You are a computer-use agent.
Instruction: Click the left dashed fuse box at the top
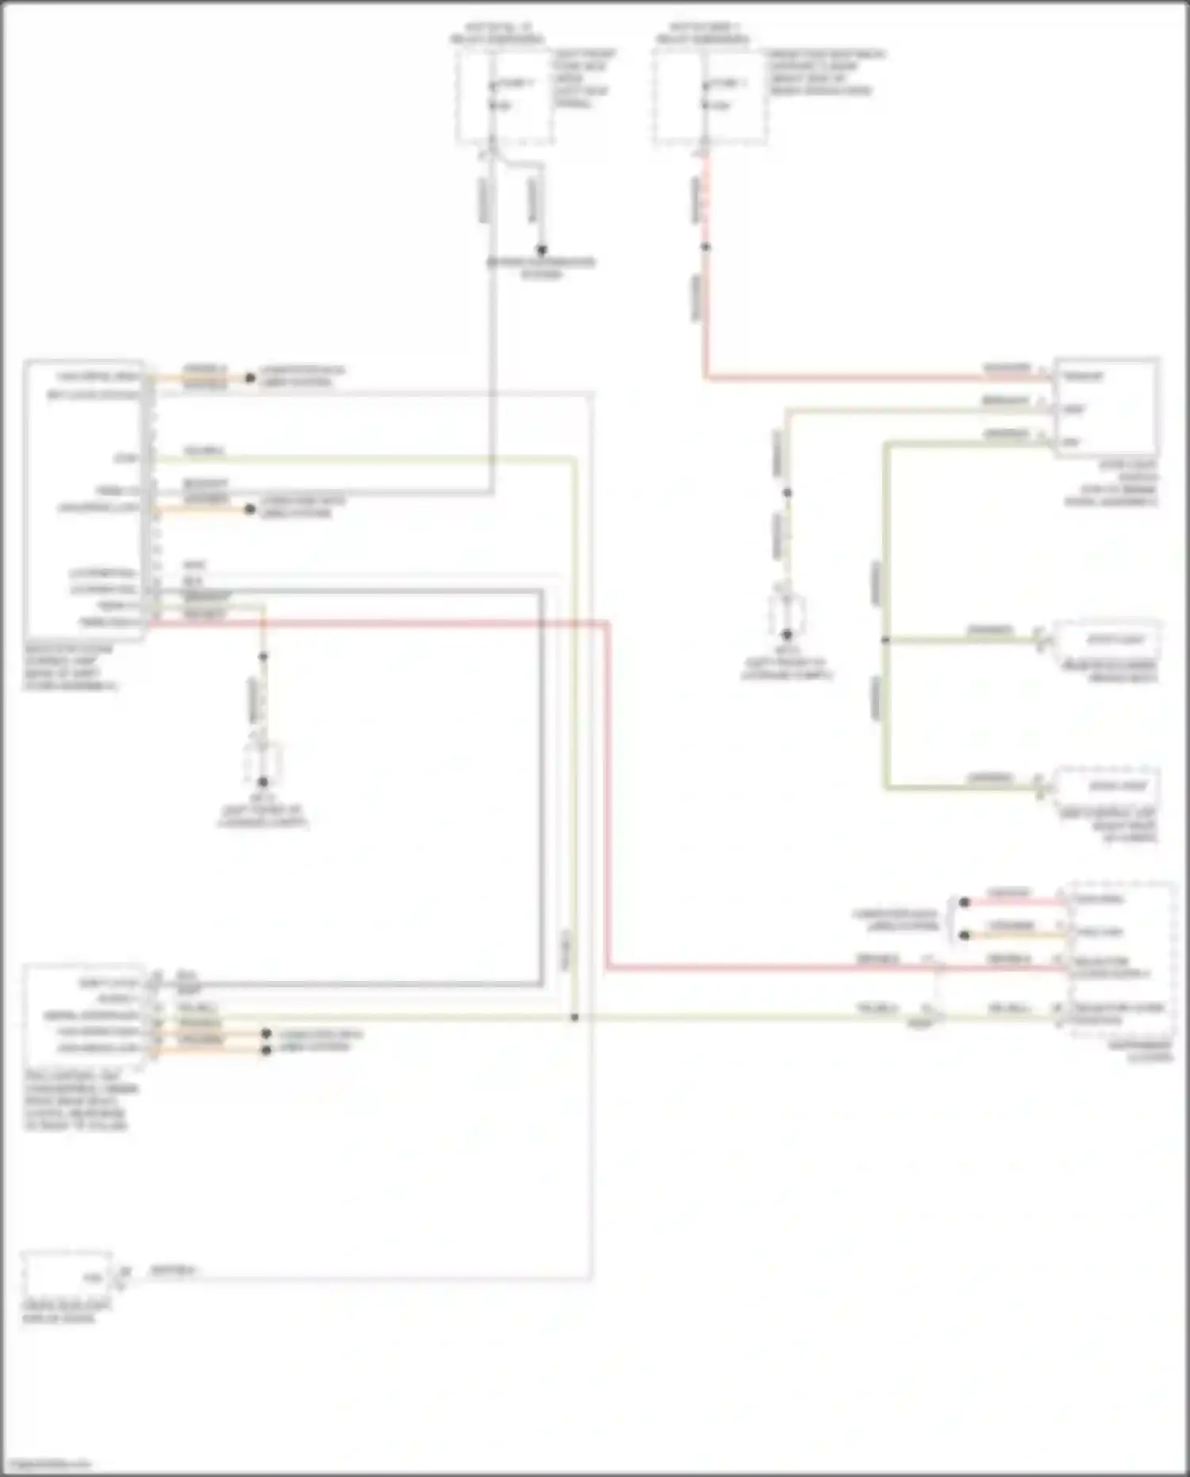tap(504, 97)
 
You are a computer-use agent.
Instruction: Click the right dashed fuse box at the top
tap(710, 97)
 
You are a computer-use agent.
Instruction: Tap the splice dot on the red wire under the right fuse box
tap(705, 247)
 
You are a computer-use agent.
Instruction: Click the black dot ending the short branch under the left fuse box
tap(542, 249)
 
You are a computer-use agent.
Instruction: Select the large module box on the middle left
tap(84, 499)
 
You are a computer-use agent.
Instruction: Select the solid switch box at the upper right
tap(1106, 407)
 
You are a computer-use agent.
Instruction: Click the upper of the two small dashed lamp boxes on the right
tap(1107, 640)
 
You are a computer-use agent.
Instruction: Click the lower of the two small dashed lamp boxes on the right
tap(1107, 786)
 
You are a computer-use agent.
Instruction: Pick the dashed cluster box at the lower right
tap(1120, 958)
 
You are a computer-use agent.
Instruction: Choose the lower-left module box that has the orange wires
tap(84, 1016)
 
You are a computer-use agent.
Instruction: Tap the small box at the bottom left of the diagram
tap(66, 1275)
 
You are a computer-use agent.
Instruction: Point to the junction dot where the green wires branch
tap(885, 640)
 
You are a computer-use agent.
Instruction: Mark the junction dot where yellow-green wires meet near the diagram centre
tap(574, 1017)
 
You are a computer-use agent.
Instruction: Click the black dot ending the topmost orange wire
tap(250, 378)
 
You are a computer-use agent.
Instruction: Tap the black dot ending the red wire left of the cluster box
tap(965, 902)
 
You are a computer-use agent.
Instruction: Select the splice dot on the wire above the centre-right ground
tap(787, 493)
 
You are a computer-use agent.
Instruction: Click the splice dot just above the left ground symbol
tap(263, 657)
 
